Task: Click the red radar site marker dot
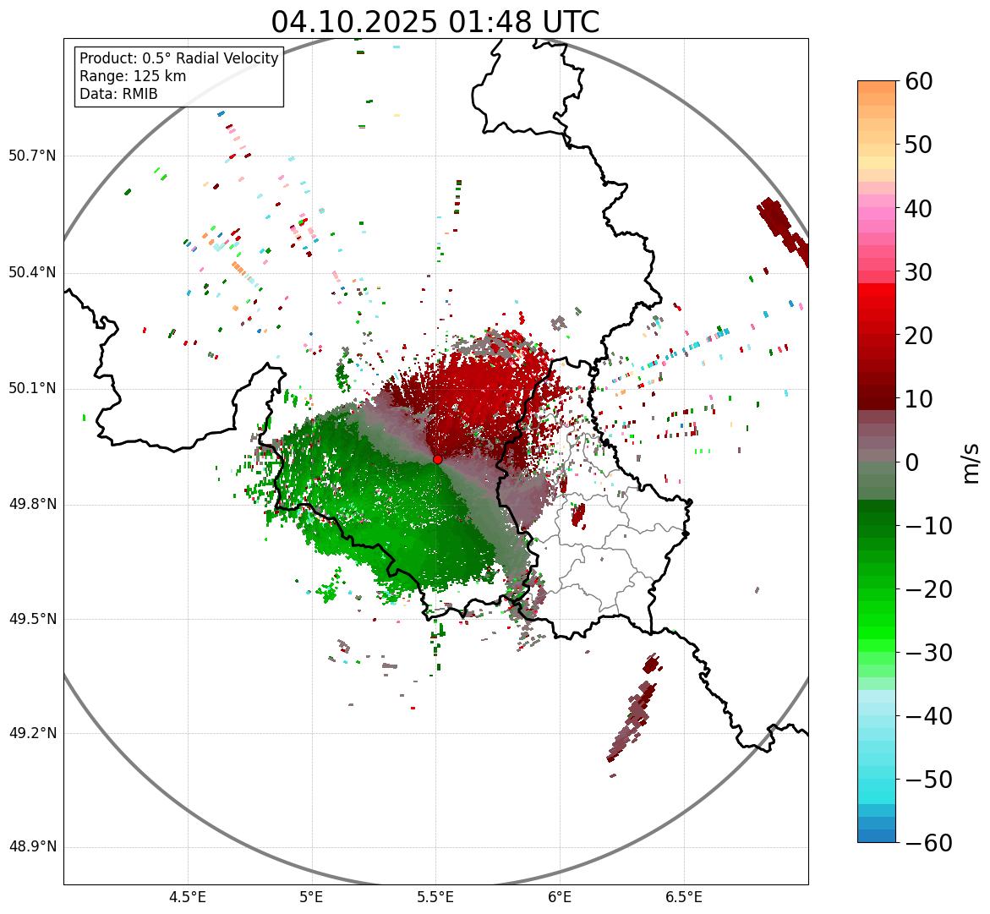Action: pos(437,459)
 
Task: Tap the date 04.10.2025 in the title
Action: pos(354,22)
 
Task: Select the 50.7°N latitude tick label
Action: pos(32,156)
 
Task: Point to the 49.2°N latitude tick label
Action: pos(32,733)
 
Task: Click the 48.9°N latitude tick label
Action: pos(32,847)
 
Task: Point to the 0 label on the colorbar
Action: pos(912,462)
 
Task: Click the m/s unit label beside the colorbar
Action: pos(971,462)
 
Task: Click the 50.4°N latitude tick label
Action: pos(32,272)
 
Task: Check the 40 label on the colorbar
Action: pos(919,208)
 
